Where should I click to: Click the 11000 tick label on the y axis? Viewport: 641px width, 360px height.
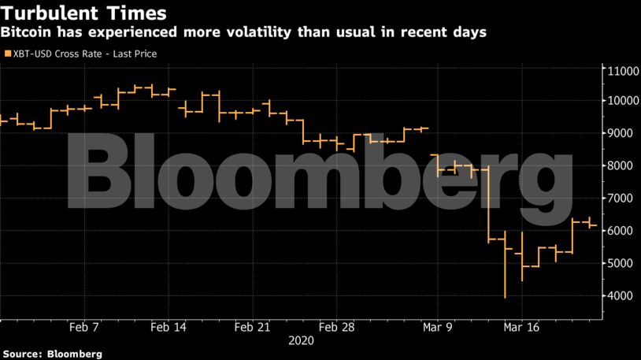619,71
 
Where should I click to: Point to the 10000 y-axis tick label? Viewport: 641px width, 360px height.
619,101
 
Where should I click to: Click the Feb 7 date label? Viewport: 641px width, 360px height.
84,326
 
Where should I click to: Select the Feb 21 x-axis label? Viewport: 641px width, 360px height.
253,326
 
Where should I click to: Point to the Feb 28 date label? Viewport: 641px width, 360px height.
336,326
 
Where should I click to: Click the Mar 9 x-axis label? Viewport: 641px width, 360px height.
436,326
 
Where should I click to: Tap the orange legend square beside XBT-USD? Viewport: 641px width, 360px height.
8,54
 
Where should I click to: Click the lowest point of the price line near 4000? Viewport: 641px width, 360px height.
504,297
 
